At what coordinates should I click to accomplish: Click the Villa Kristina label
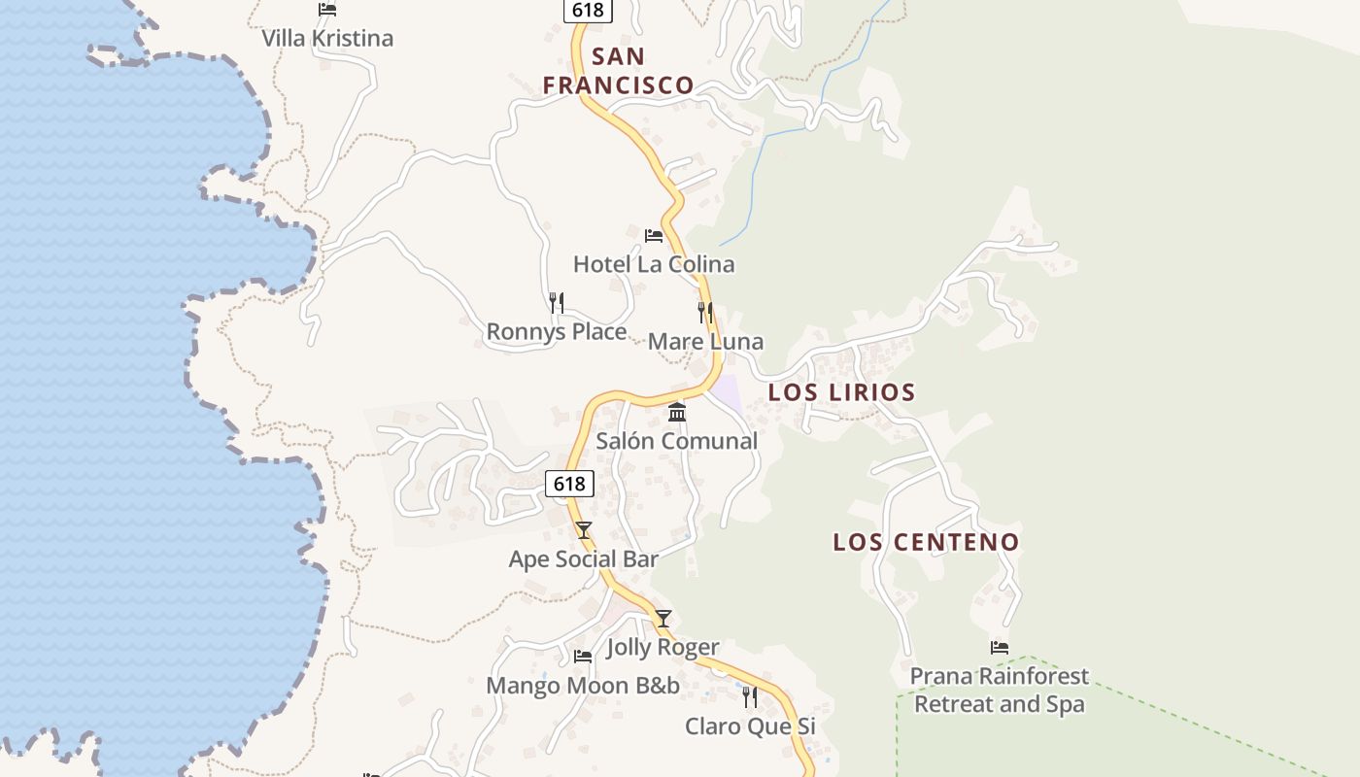click(327, 39)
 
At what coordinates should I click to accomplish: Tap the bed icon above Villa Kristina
click(327, 10)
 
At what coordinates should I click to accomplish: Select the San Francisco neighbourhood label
click(618, 71)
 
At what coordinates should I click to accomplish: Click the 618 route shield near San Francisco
click(587, 10)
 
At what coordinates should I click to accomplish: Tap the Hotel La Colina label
click(654, 264)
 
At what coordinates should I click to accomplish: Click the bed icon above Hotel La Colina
click(654, 235)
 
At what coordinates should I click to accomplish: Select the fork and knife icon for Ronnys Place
click(557, 303)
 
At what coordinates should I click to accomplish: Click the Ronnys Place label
click(557, 332)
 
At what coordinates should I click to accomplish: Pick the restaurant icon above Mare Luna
click(705, 313)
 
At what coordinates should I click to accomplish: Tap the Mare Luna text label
click(705, 342)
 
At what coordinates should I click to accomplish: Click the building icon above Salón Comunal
click(677, 413)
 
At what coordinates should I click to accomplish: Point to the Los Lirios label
click(841, 392)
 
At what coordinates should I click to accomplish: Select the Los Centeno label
click(926, 542)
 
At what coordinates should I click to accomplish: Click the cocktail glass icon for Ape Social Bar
click(583, 529)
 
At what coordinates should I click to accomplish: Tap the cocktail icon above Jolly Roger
click(663, 618)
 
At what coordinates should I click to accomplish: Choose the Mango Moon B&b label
click(583, 686)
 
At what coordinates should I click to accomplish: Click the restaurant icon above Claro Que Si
click(750, 696)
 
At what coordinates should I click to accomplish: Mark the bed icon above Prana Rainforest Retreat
click(999, 647)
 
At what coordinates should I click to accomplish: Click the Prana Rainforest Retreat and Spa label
click(999, 690)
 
